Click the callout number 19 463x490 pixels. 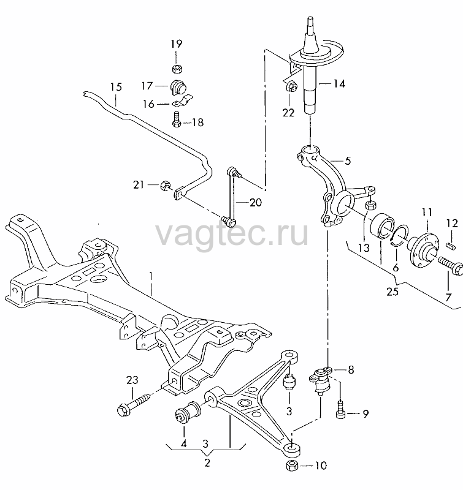click(x=177, y=43)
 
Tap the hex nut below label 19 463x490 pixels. click(x=177, y=69)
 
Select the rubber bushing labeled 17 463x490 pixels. click(x=178, y=87)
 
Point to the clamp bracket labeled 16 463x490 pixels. click(x=182, y=100)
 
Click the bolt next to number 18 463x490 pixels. click(x=177, y=119)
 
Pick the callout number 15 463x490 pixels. click(x=116, y=87)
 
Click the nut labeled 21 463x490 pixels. click(x=165, y=186)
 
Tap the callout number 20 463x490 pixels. click(x=256, y=203)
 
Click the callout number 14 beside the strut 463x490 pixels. click(x=339, y=84)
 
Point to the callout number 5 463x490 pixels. click(x=348, y=161)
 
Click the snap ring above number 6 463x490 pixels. click(x=399, y=235)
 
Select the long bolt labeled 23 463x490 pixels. click(x=134, y=405)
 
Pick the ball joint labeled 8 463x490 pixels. click(x=320, y=380)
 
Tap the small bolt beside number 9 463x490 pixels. click(x=340, y=410)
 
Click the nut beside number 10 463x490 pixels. click(x=292, y=466)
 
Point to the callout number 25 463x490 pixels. click(x=392, y=292)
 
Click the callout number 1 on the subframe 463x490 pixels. click(x=151, y=276)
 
